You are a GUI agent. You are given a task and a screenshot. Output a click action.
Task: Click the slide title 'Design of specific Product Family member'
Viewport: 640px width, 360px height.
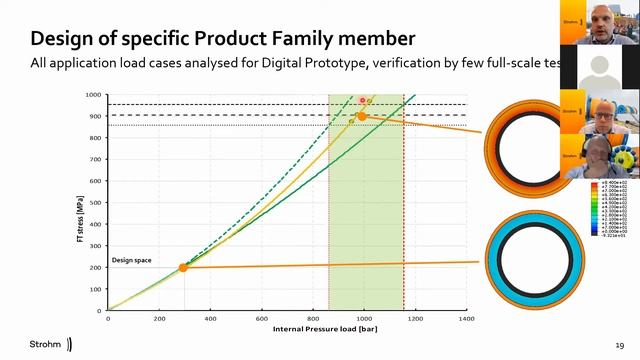222,39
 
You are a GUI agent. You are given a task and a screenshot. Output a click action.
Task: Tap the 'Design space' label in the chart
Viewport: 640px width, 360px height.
131,260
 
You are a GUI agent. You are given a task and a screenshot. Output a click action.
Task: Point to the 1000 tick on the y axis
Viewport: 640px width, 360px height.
93,95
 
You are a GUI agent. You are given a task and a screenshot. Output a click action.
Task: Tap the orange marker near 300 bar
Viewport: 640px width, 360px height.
183,267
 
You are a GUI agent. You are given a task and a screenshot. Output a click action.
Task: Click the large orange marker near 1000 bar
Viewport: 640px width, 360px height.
362,116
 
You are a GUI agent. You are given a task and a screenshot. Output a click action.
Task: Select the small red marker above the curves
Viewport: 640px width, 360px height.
362,101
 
